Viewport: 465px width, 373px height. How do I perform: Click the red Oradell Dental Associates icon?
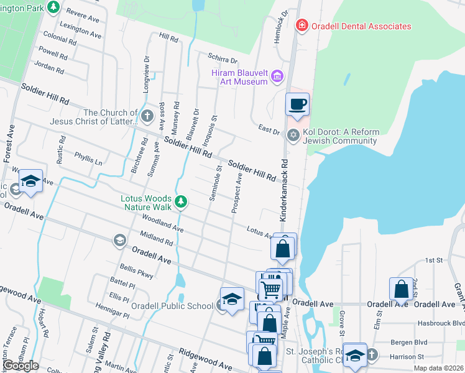302,25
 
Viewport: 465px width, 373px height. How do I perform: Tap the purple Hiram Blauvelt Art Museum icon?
277,76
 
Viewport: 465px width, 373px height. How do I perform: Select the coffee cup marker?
297,104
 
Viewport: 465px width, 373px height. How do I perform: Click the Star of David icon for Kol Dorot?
293,135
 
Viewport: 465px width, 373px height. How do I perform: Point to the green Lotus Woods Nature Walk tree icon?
180,201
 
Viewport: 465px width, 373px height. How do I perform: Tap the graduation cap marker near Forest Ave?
30,181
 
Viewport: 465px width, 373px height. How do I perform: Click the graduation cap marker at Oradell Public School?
231,299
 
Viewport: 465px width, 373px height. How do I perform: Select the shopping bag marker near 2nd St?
401,288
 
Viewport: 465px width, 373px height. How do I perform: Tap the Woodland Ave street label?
162,224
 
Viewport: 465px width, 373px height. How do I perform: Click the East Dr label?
269,129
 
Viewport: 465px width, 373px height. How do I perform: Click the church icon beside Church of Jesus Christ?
147,116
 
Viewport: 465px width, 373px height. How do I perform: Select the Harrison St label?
408,357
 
